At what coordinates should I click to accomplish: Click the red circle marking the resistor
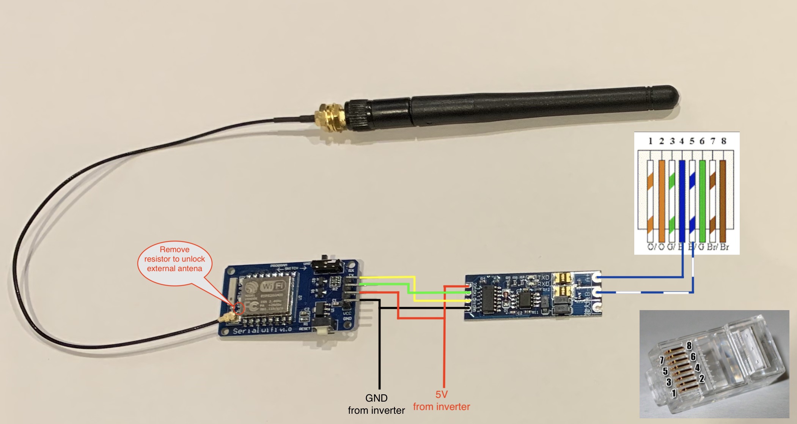239,308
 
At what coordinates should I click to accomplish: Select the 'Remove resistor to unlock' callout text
174,259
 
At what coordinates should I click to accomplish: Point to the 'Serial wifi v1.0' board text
262,330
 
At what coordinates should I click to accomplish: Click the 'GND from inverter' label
376,404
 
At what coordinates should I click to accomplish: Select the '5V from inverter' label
442,400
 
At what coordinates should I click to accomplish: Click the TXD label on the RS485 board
543,277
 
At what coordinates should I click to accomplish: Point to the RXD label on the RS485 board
543,284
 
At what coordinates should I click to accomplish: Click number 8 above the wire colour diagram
724,141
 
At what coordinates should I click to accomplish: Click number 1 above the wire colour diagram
650,141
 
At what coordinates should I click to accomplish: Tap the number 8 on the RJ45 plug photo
689,345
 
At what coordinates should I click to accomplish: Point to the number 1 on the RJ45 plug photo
674,393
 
